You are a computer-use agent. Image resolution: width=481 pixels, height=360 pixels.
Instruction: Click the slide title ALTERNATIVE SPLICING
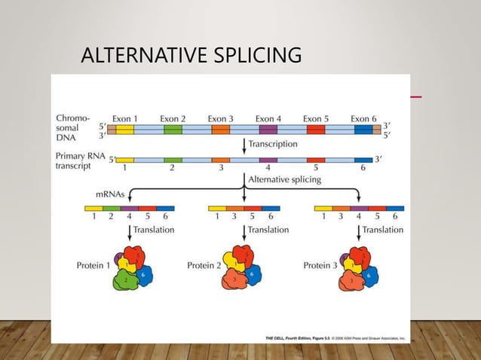coord(191,56)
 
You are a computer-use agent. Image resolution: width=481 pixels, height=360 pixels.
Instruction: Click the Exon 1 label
coord(125,118)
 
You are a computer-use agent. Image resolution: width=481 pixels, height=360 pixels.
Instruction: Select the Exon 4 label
coord(268,118)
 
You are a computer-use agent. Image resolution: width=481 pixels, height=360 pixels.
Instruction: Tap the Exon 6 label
coord(363,118)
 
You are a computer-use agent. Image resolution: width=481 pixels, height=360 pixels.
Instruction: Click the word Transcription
coord(272,143)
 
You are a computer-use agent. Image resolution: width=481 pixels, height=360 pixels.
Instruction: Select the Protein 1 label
coord(93,265)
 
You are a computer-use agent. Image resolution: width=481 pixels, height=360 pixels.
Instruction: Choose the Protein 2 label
coord(204,265)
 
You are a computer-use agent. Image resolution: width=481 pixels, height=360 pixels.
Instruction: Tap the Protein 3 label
coord(320,265)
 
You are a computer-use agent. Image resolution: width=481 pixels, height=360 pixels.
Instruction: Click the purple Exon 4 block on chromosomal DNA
coord(268,130)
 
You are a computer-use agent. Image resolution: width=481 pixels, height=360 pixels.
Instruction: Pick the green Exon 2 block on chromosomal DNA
coord(173,130)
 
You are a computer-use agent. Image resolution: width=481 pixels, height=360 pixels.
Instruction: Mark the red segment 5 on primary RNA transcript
coord(316,160)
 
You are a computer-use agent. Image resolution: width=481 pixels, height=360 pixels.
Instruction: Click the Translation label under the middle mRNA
coord(268,230)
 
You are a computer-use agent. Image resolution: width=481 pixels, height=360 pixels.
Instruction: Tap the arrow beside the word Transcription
coord(244,145)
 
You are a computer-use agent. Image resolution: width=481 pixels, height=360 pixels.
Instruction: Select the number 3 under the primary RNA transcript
coord(220,169)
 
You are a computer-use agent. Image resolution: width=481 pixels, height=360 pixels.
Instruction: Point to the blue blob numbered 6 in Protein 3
coord(368,276)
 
